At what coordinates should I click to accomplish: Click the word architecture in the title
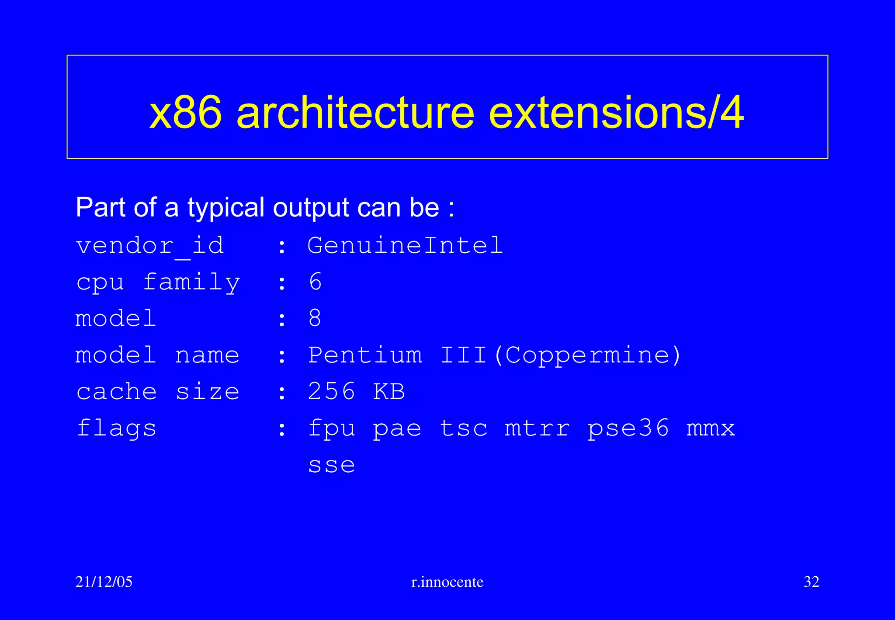[355, 113]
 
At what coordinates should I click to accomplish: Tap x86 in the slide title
[185, 113]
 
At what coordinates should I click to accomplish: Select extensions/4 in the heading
[616, 113]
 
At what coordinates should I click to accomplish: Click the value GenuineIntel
[405, 245]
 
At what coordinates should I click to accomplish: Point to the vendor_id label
[150, 245]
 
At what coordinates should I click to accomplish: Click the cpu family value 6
[315, 282]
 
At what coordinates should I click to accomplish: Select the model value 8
[315, 318]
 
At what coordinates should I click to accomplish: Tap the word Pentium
[365, 355]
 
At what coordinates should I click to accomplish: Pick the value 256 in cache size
[332, 391]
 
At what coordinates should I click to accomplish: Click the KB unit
[389, 391]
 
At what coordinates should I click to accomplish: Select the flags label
[116, 428]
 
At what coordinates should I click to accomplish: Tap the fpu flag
[332, 428]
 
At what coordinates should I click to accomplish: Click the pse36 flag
[628, 428]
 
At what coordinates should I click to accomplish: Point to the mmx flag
[711, 428]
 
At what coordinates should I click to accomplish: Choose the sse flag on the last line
[332, 465]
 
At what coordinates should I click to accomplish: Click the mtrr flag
[537, 428]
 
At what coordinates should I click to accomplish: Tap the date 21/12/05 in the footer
[104, 582]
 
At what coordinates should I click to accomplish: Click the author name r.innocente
[447, 582]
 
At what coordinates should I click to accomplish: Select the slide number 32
[811, 582]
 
